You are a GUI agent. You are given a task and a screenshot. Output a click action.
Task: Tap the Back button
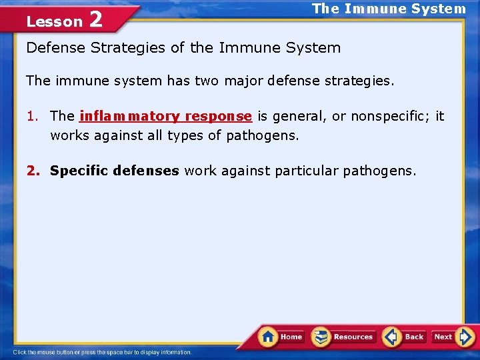404,337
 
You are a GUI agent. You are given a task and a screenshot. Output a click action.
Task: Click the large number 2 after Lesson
96,19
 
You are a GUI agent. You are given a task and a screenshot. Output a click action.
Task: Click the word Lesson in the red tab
54,21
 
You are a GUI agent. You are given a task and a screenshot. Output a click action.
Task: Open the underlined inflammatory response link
165,116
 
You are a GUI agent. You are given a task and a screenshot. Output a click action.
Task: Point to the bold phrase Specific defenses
114,171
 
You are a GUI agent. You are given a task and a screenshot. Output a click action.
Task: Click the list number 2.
32,171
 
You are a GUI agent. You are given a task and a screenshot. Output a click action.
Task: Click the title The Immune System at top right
389,9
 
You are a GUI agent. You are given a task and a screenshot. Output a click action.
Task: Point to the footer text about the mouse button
103,352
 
